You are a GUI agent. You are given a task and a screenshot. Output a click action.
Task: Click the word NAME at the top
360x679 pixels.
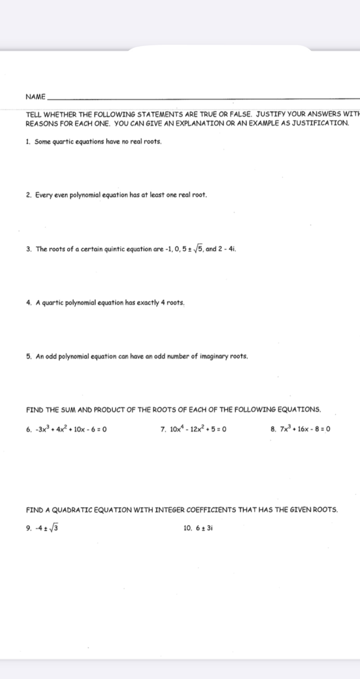36,97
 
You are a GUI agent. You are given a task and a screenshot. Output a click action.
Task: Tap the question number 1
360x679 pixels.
28,142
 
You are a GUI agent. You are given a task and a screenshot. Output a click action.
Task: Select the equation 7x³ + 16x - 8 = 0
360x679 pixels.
305,429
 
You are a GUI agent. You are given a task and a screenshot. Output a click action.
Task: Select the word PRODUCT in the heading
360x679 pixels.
107,410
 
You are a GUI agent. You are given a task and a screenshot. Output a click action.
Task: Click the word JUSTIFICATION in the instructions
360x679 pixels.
320,123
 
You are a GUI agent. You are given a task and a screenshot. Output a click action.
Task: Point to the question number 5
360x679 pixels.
28,356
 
